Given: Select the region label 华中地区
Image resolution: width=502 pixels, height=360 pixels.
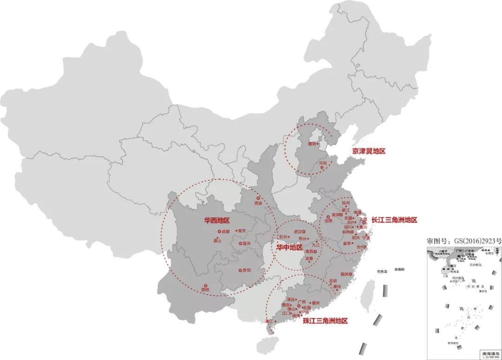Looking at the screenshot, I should coord(290,247).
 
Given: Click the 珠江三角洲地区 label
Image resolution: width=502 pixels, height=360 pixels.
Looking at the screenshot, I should coord(325,321).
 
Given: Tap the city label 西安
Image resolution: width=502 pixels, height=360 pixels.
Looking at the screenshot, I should coord(258,203).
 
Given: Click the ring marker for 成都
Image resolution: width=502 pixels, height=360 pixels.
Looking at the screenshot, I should coord(219,231).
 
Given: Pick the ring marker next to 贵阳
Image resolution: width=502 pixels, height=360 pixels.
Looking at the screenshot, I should coord(239,270).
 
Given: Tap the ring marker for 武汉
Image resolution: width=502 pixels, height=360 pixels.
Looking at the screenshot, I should coord(304,231).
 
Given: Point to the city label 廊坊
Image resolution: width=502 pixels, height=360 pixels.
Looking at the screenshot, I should coord(312,144).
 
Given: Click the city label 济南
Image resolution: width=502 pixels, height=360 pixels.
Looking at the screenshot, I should coord(323,164).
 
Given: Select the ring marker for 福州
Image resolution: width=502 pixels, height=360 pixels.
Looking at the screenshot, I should coord(351,274).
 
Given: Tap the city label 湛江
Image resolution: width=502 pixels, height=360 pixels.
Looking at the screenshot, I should coord(269,321).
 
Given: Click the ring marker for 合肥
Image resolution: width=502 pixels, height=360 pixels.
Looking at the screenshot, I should coord(328,216).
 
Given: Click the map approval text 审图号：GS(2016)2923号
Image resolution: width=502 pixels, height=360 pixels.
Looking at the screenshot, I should coord(464,241).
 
